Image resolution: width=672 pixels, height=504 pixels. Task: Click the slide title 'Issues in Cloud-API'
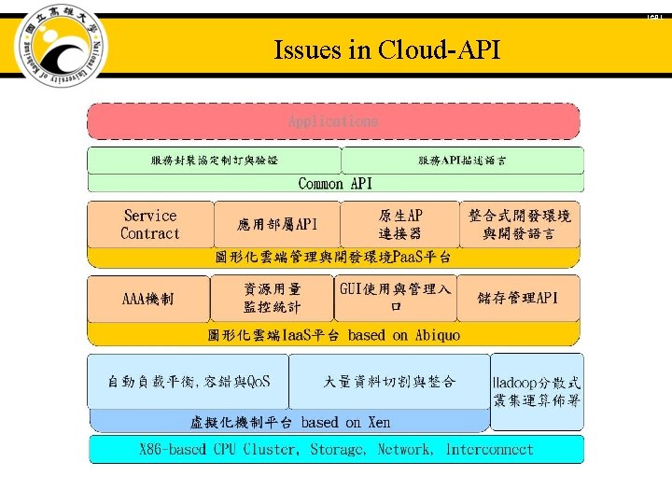(386, 50)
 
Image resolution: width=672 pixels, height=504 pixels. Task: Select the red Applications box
(333, 121)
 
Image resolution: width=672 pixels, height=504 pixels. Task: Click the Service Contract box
(149, 225)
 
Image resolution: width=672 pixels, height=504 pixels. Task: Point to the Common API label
(335, 184)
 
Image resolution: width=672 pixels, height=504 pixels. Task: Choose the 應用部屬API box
(278, 225)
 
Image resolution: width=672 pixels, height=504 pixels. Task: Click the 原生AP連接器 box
(400, 225)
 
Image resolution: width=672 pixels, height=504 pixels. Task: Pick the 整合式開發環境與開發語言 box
(520, 225)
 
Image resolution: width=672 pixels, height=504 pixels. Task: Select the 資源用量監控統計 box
(272, 299)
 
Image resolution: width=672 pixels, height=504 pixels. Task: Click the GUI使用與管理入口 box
(396, 298)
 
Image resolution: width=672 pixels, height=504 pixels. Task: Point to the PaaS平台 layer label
(333, 257)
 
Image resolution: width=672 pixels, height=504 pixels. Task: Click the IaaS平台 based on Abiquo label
(333, 334)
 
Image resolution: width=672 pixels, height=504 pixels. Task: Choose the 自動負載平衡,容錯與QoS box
(189, 381)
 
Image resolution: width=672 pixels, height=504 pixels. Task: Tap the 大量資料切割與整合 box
(389, 381)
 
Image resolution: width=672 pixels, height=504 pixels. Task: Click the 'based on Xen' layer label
(290, 422)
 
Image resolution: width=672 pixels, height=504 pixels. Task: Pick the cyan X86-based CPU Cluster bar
(336, 450)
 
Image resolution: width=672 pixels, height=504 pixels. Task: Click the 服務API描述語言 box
(462, 161)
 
